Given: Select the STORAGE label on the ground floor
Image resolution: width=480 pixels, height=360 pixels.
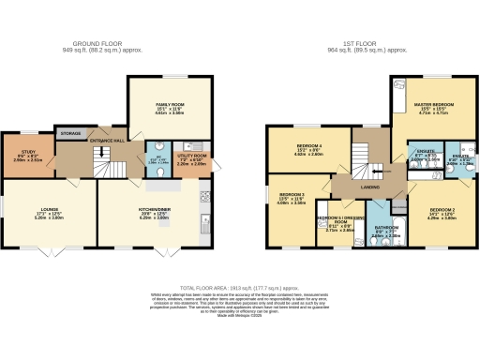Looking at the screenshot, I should click(68, 133).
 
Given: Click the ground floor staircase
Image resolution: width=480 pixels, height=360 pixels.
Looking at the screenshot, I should click(111, 170).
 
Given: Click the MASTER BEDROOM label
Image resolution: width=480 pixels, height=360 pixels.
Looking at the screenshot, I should click(436, 104).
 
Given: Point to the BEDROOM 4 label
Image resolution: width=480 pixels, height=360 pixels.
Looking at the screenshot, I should click(309, 147).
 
